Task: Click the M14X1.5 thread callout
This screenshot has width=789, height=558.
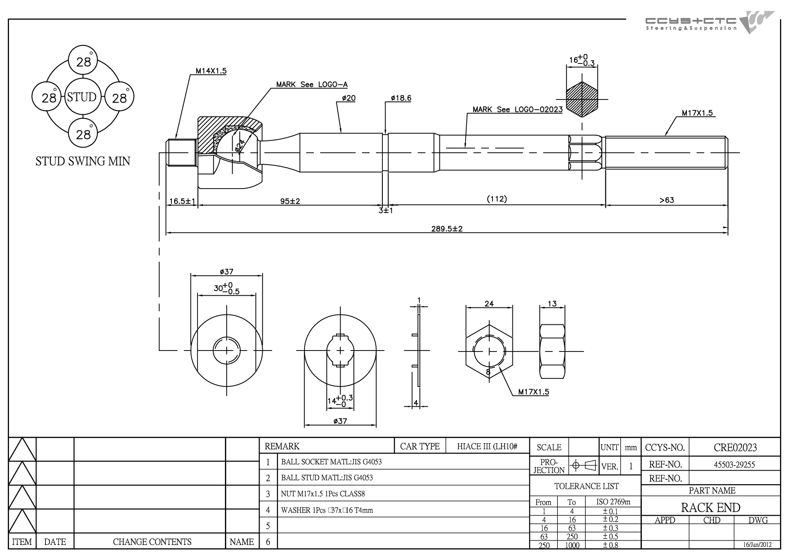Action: point(211,71)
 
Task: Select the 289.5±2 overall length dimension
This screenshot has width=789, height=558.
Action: point(447,229)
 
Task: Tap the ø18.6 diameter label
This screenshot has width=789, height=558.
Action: point(401,98)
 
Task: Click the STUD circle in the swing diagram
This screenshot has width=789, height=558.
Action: point(82,97)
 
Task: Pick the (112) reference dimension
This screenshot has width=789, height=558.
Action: point(497,199)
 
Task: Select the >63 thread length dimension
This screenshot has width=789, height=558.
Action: point(667,200)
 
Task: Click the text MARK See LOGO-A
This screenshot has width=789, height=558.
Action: point(312,85)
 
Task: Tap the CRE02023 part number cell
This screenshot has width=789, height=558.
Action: point(735,448)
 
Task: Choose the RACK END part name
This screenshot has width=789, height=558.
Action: point(711,508)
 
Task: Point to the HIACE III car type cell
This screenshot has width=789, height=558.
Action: point(487,446)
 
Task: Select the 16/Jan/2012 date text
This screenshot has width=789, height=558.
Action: point(758,544)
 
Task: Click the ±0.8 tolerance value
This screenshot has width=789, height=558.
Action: point(610,545)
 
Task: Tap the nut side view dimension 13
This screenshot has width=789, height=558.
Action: point(552,304)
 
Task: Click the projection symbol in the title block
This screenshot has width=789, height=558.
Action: point(583,465)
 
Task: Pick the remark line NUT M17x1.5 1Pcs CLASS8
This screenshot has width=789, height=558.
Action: point(323,494)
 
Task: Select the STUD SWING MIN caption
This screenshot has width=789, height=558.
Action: point(83,161)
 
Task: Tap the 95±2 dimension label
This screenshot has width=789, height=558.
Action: point(290,201)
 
